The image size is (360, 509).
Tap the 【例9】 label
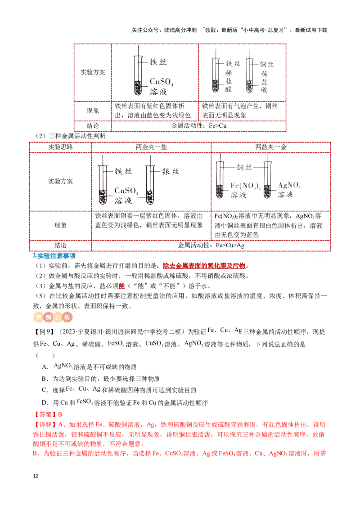pos(44,332)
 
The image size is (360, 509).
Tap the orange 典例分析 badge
pos(52,317)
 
